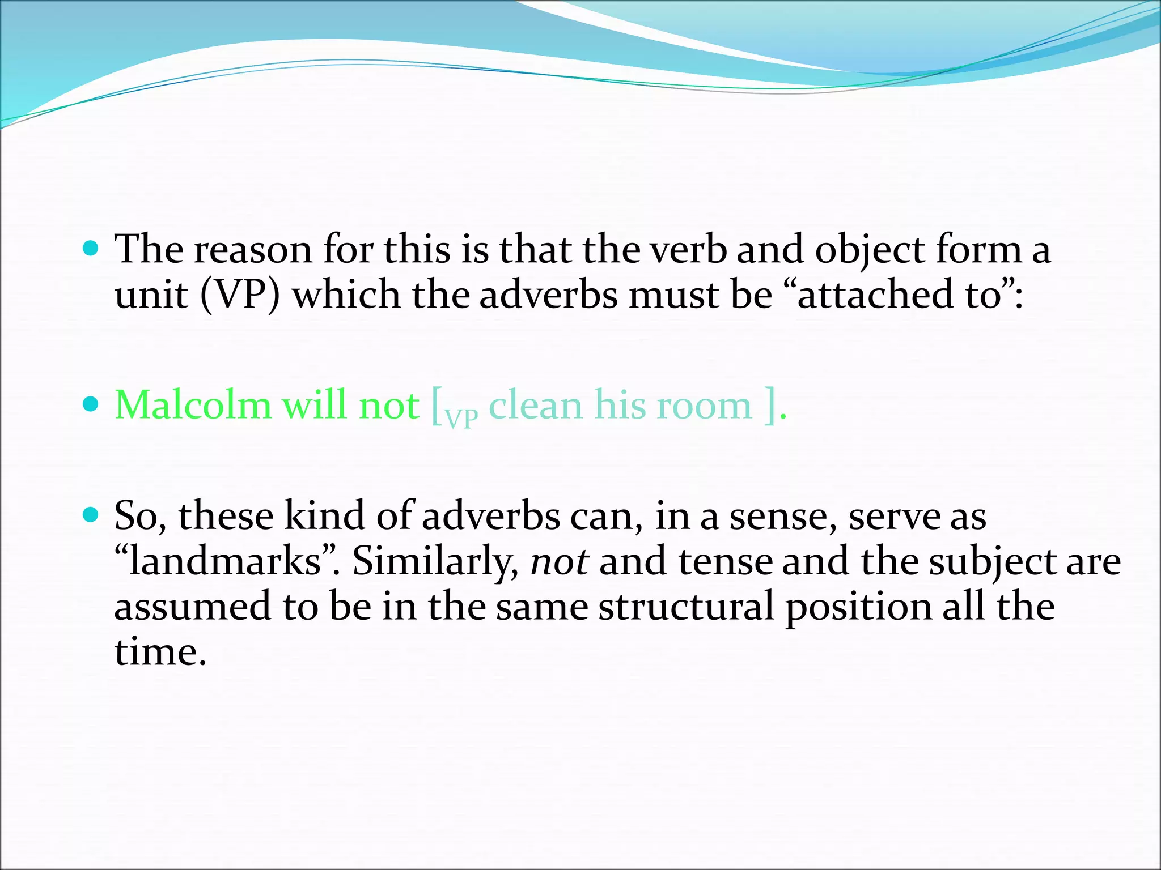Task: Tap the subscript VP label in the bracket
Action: [461, 418]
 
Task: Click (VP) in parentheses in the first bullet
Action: [240, 295]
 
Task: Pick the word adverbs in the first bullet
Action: [548, 295]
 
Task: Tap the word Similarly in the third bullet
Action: [435, 561]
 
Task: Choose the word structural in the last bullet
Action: [686, 606]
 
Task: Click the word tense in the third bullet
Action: [725, 561]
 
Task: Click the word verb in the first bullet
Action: [688, 249]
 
